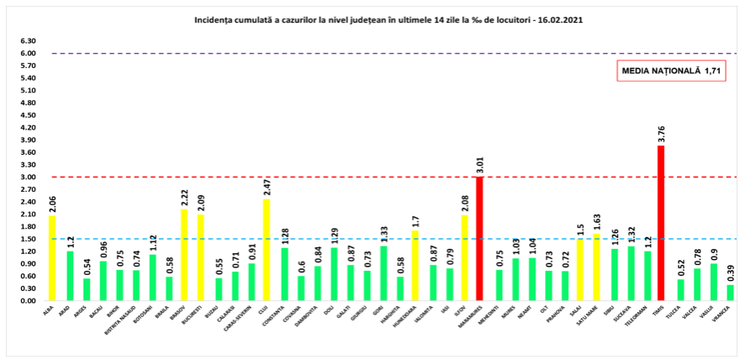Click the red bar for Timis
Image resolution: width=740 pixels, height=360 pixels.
[661, 223]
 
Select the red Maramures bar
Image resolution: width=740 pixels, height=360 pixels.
[479, 238]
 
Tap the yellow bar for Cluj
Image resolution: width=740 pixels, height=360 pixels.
[266, 250]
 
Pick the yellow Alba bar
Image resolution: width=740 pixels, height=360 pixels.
[52, 258]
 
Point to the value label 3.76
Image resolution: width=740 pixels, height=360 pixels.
[661, 135]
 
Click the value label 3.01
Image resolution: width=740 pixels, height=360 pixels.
[479, 165]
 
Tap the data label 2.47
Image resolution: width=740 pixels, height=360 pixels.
[266, 188]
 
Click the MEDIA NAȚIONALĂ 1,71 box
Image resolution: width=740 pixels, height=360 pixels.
[671, 71]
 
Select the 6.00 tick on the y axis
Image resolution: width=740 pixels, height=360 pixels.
[28, 53]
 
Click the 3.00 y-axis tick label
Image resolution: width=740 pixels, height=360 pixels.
[28, 177]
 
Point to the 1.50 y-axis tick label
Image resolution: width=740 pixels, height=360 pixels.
[28, 239]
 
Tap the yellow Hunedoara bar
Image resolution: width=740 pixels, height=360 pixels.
[414, 266]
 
